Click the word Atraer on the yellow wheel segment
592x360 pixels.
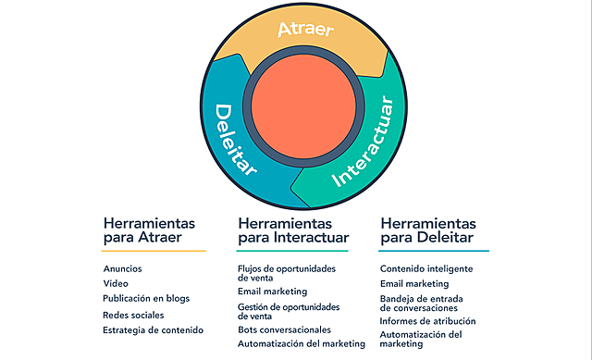click(x=304, y=29)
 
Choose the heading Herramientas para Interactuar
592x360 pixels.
click(x=291, y=231)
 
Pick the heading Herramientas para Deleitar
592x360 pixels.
click(x=428, y=231)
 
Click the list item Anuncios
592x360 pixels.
click(x=123, y=268)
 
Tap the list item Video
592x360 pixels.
click(x=117, y=283)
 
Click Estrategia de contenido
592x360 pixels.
click(x=153, y=329)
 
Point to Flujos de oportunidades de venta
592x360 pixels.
click(x=286, y=273)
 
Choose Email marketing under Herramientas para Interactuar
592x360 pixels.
click(x=272, y=292)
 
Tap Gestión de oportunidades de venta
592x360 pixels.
click(x=289, y=310)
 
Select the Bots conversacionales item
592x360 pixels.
click(x=284, y=329)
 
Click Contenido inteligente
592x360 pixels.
click(x=426, y=268)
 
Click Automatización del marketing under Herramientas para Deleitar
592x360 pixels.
click(x=421, y=339)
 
